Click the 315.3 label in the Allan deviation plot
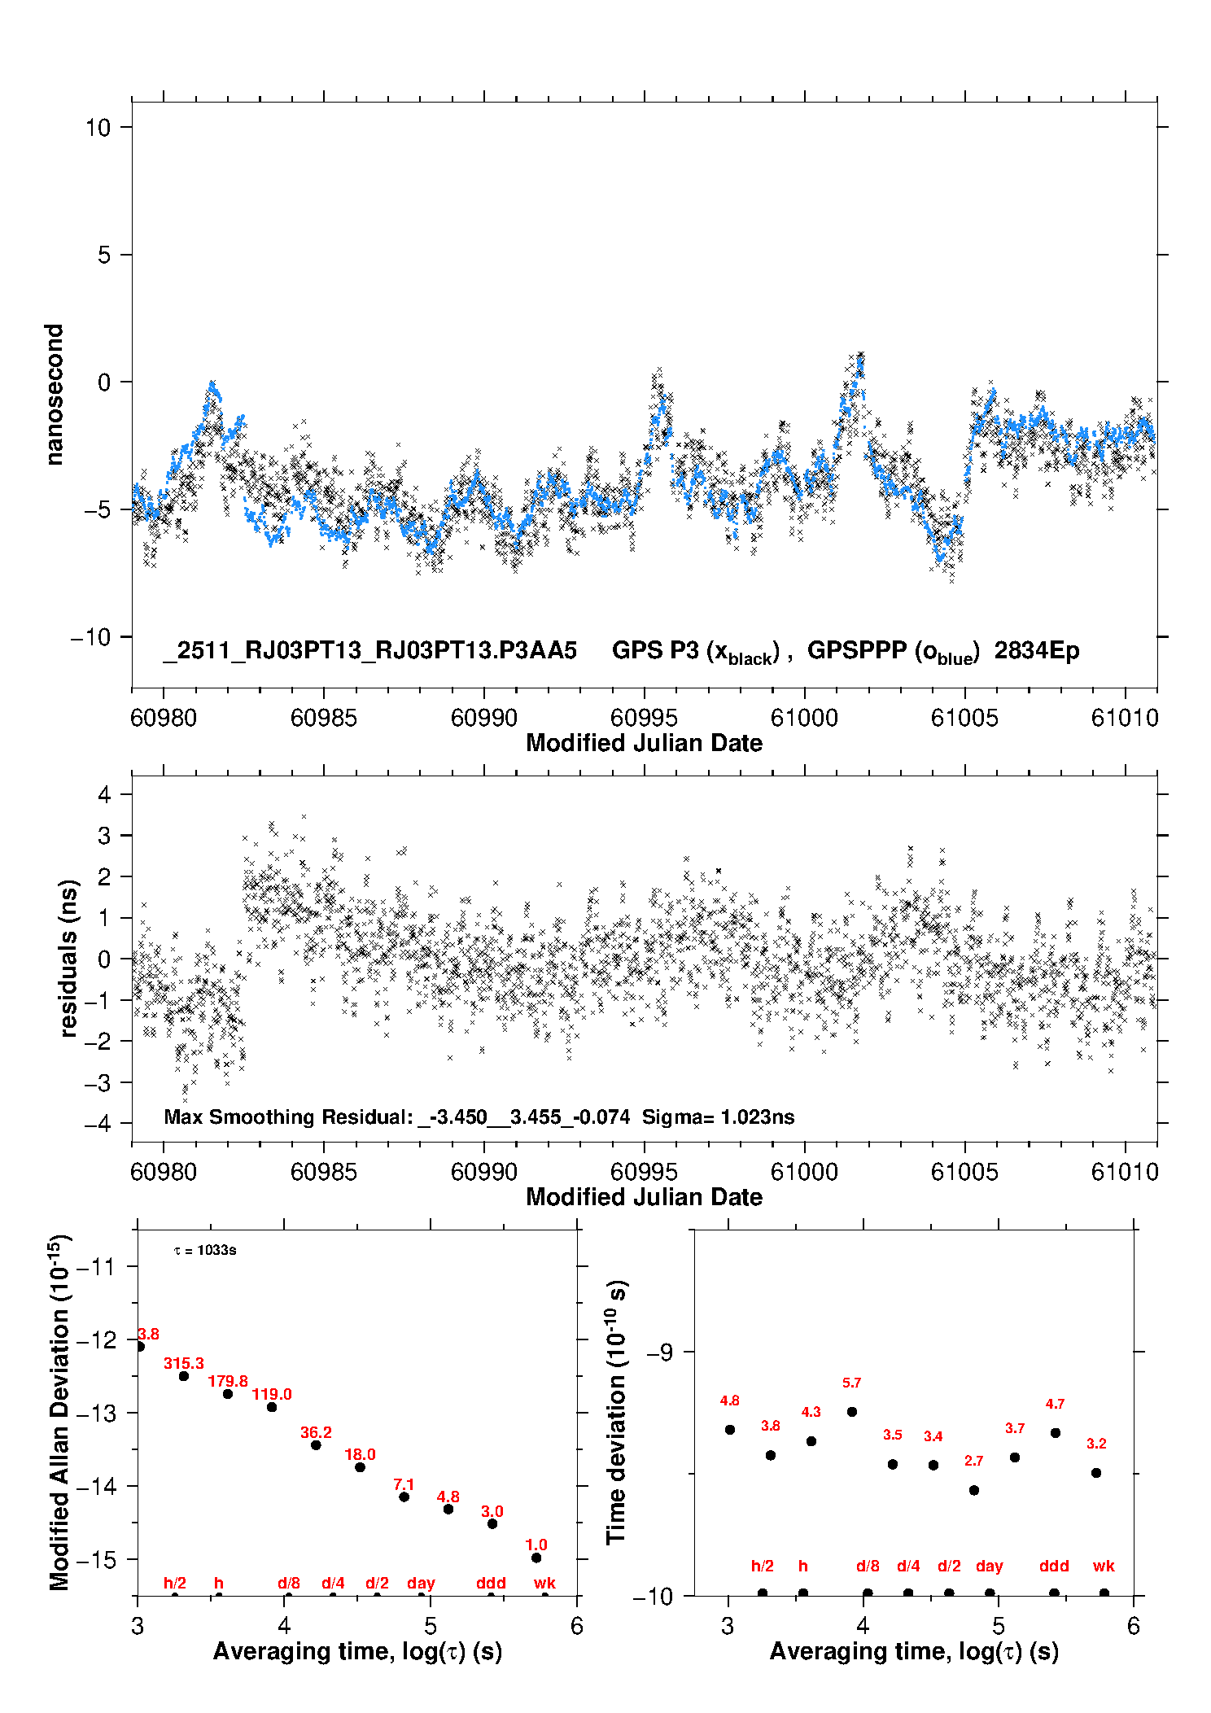pos(183,1363)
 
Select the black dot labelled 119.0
pos(272,1407)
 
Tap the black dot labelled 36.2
pos(316,1445)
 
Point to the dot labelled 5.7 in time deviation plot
pos(852,1412)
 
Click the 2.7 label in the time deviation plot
pos(973,1461)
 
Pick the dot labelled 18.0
pos(360,1467)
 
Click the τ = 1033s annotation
pos(205,1250)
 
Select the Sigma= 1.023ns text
pos(718,1117)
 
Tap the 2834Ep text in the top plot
pos(1037,650)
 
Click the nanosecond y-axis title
pos(54,394)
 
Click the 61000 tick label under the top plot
pos(804,718)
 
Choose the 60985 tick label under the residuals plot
pos(323,1172)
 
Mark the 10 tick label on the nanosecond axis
pos(98,127)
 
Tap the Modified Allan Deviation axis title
pos(59,1412)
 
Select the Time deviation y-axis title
pos(616,1412)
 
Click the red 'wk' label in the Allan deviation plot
pos(544,1583)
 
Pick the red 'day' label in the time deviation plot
pos(989,1566)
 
